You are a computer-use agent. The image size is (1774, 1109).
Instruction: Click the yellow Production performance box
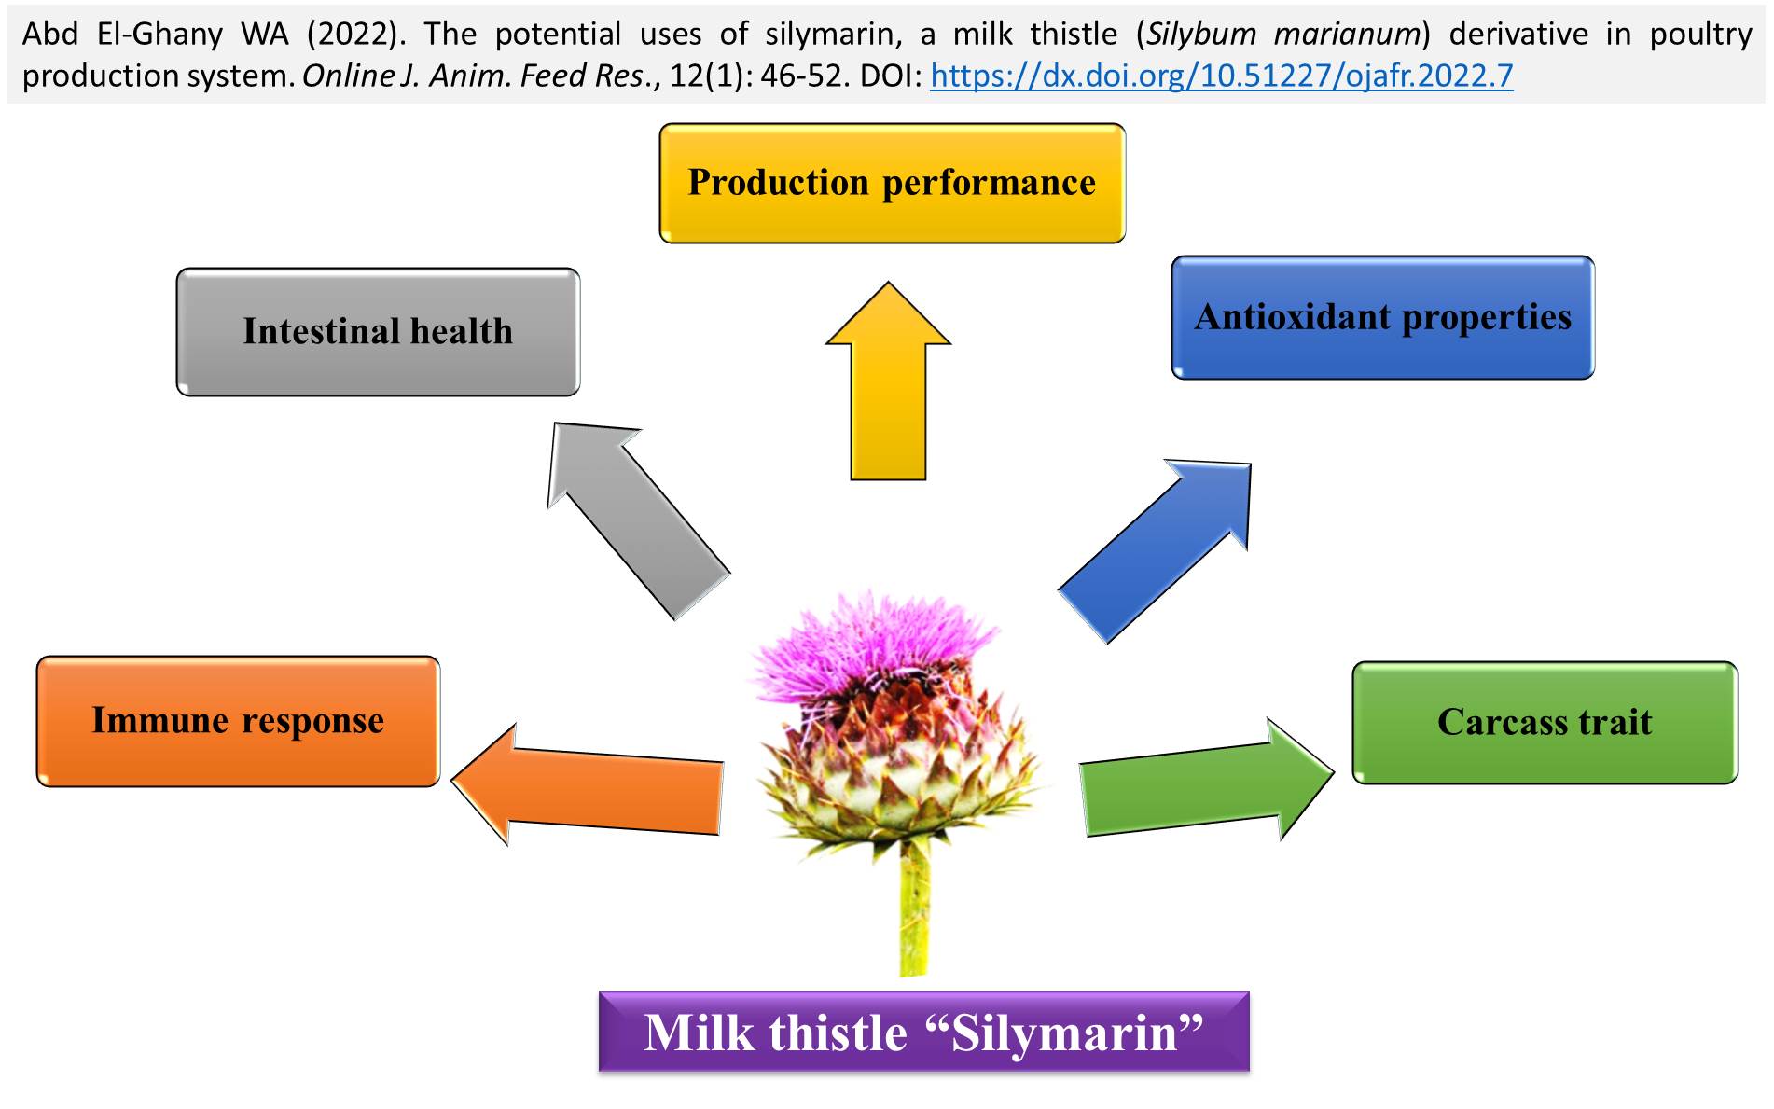click(x=892, y=184)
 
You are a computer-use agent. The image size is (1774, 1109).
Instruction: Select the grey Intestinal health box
click(x=378, y=332)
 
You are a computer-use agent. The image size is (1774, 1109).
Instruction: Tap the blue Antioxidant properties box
click(x=1382, y=318)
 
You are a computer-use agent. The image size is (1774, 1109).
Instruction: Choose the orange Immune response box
click(x=238, y=721)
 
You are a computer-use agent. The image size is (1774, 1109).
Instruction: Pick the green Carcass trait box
click(x=1545, y=723)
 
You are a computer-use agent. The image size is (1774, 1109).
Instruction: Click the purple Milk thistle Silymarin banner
click(x=923, y=1032)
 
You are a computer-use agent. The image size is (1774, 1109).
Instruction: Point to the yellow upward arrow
click(x=888, y=381)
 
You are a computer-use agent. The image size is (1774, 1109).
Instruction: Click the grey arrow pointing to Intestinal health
click(x=639, y=520)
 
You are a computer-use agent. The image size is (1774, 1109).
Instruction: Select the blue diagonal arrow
click(x=1155, y=550)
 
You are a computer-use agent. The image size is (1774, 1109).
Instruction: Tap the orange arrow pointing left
click(x=588, y=783)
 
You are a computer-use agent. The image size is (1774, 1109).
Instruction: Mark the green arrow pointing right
click(x=1207, y=780)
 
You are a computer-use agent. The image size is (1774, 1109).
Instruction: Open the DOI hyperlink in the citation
click(x=1222, y=76)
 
